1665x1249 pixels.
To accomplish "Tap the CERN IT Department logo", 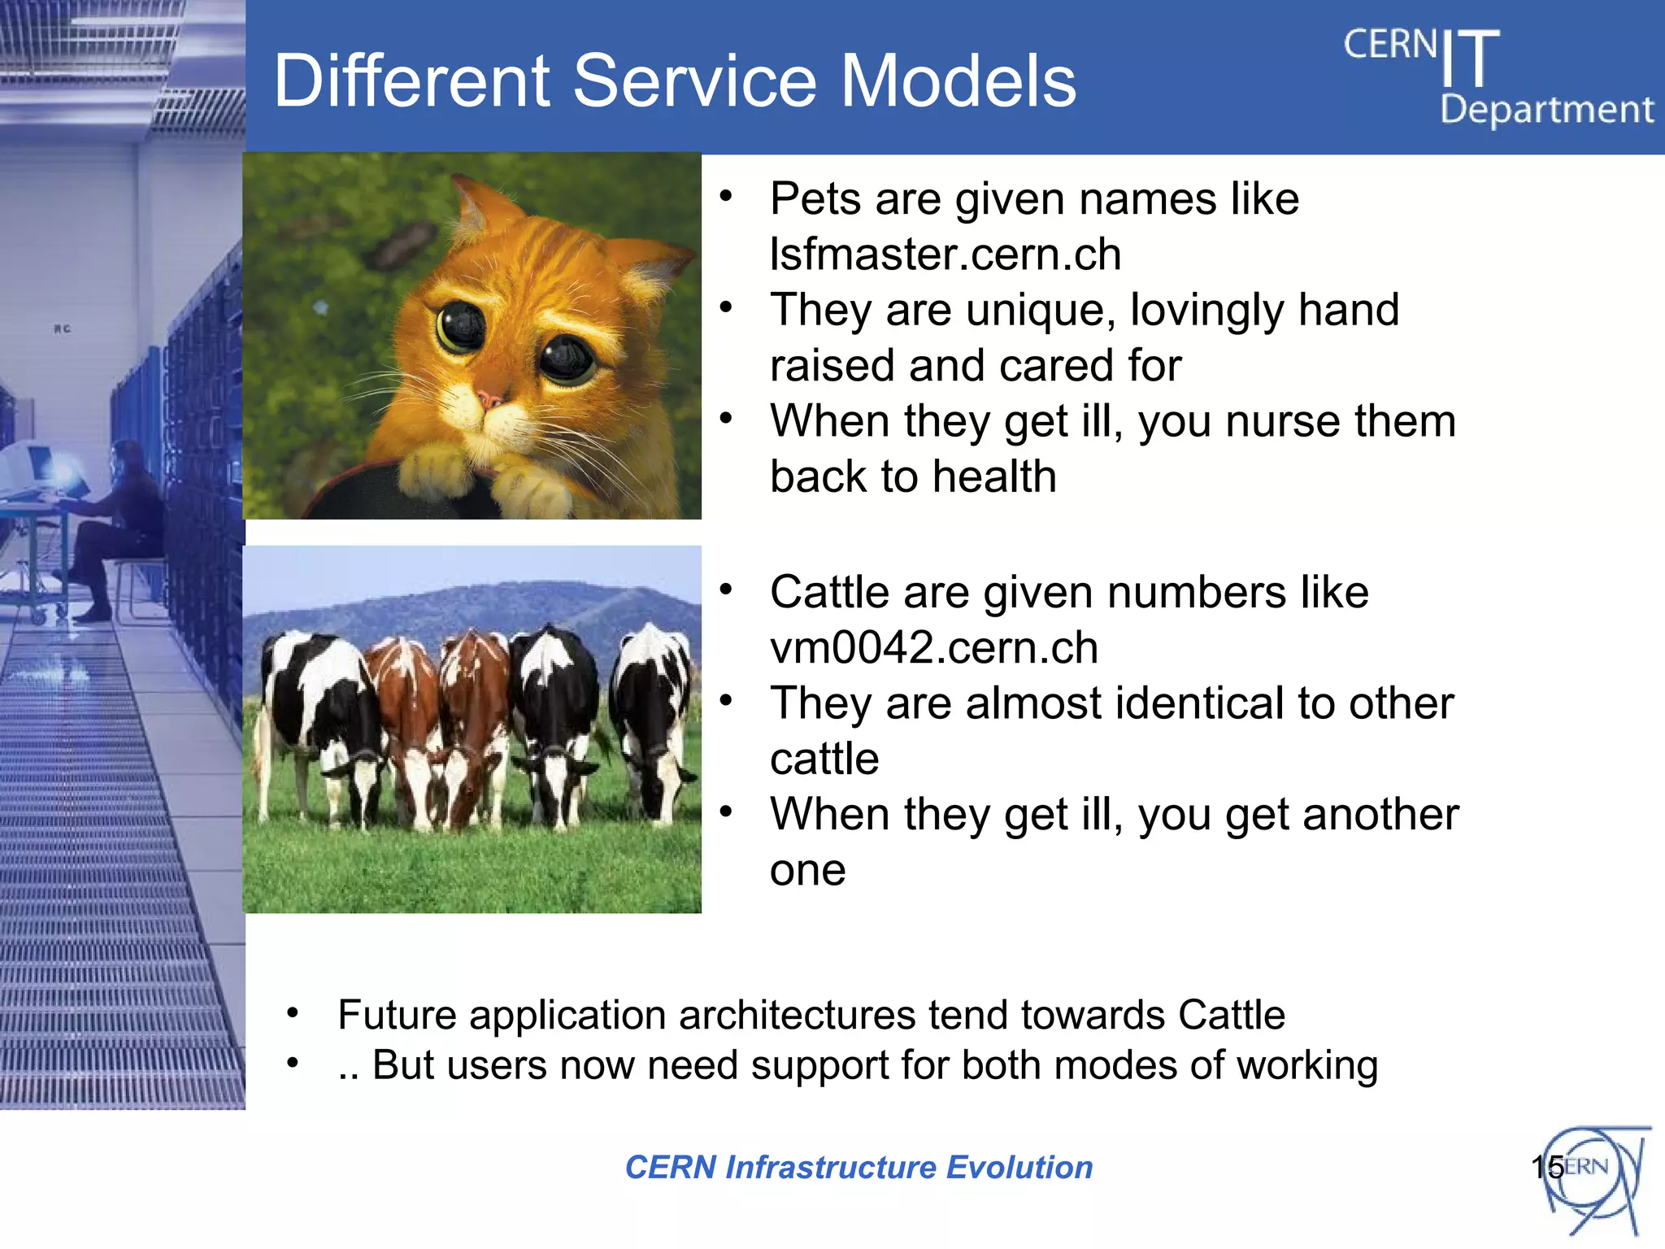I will (x=1496, y=77).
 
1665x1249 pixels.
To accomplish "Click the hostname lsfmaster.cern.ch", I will (x=946, y=255).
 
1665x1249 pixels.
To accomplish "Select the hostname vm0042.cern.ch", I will (x=933, y=648).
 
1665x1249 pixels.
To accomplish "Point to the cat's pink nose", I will (x=489, y=399).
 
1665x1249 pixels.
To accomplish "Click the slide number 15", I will (x=1546, y=1167).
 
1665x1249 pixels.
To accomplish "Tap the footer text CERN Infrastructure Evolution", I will (x=859, y=1167).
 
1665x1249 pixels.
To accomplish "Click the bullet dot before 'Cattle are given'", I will (x=726, y=588).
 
